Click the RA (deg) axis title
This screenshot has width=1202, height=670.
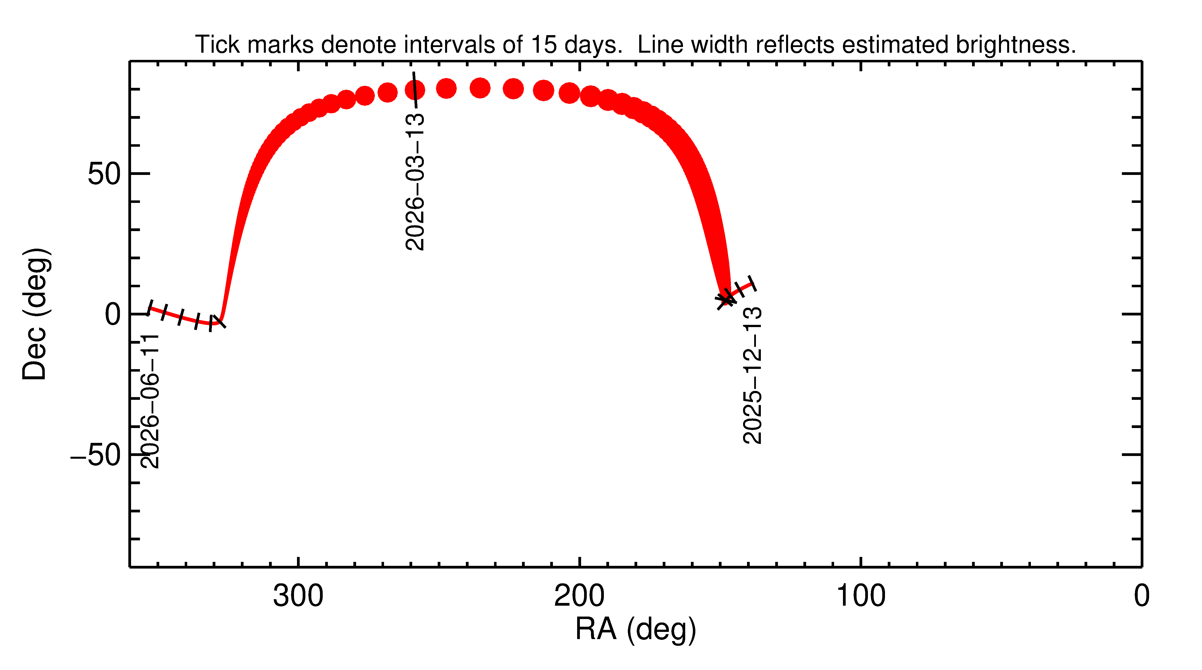click(x=635, y=629)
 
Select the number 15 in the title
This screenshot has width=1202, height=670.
click(x=544, y=45)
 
